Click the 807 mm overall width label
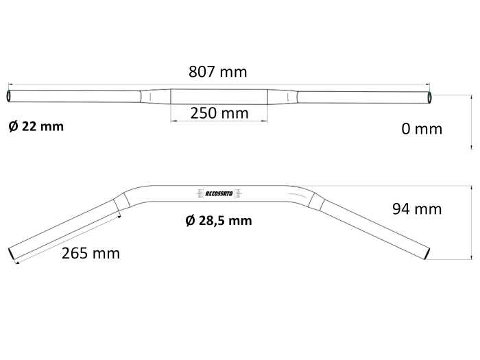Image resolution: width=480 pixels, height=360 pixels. (217, 71)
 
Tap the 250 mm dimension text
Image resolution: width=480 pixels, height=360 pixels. (219, 113)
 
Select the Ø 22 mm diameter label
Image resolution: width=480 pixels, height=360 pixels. (36, 126)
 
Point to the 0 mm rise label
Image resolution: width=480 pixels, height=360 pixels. (422, 129)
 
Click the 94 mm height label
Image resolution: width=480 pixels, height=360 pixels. (417, 208)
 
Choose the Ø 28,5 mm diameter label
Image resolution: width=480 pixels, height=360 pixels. (219, 221)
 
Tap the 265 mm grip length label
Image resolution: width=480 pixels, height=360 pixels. (91, 253)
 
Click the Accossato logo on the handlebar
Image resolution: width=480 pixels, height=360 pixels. (219, 193)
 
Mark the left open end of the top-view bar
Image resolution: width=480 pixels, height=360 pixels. (9, 96)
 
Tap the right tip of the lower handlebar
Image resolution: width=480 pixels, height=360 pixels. (428, 254)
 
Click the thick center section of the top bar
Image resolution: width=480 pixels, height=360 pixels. (219, 96)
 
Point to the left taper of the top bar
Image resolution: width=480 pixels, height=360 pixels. (155, 96)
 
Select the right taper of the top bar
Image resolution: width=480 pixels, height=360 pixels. (283, 96)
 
